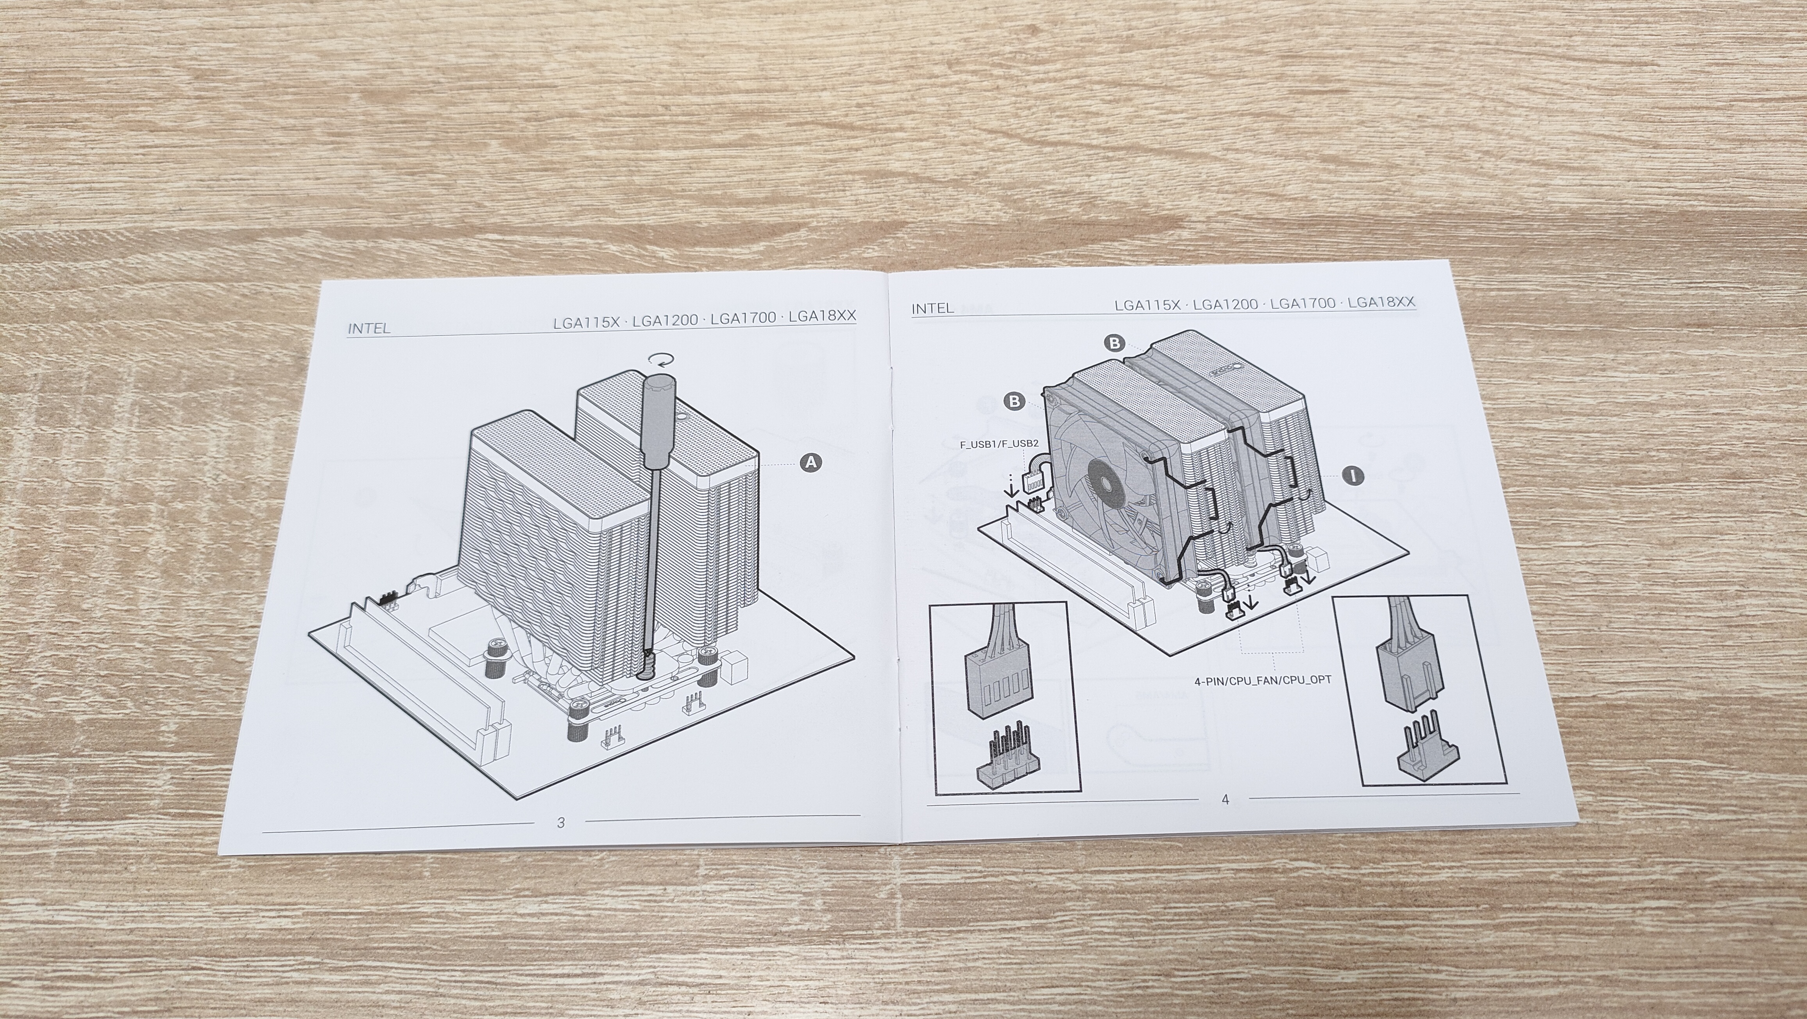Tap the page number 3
point(560,822)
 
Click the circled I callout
point(1353,476)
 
